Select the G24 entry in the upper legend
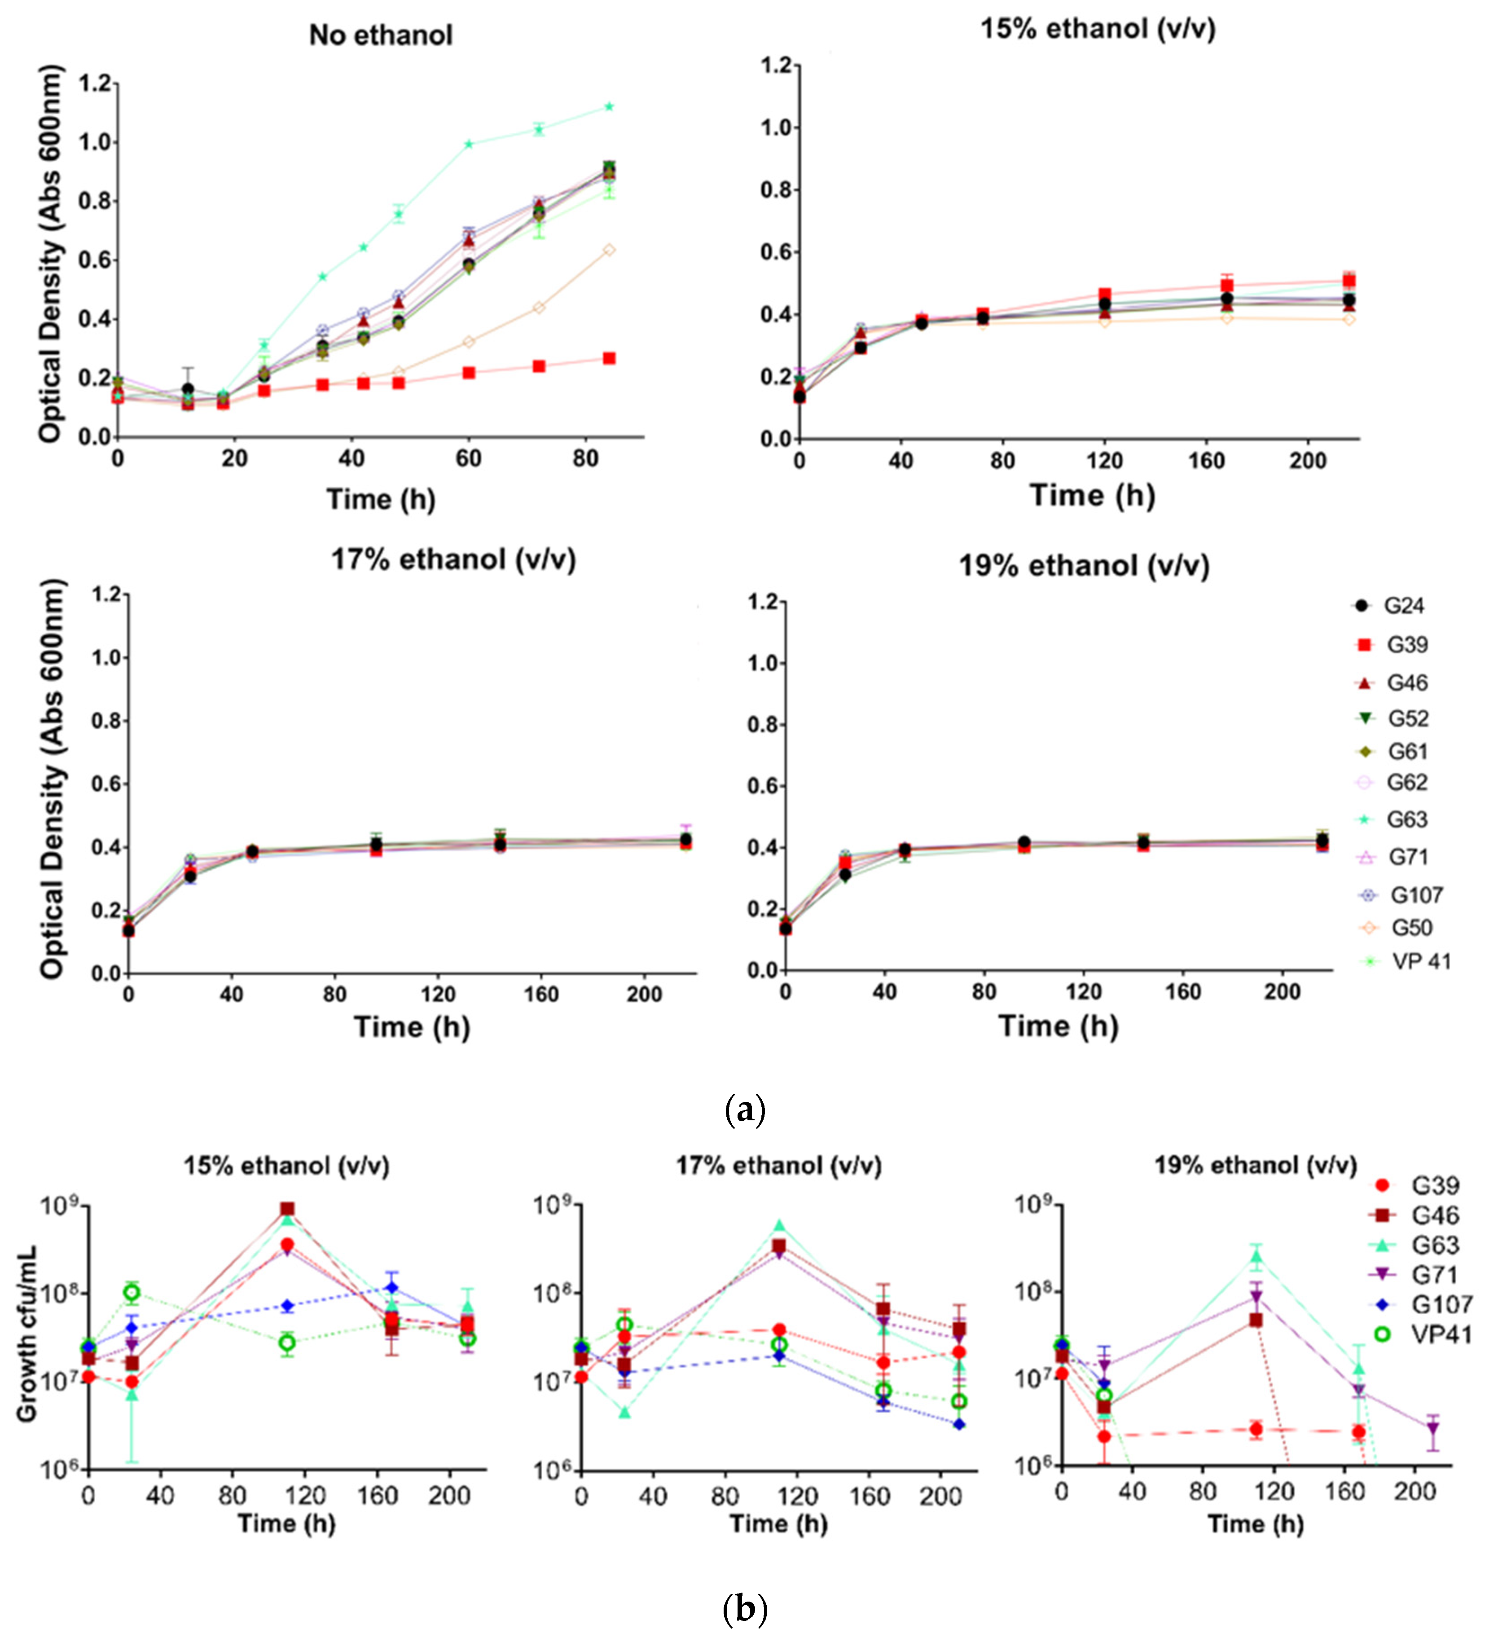[x=1403, y=605]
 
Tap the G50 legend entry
[x=1411, y=927]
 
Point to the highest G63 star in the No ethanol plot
[x=608, y=106]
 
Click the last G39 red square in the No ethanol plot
[x=608, y=358]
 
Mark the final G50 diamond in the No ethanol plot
[x=608, y=250]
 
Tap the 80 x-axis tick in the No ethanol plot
[x=585, y=459]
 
